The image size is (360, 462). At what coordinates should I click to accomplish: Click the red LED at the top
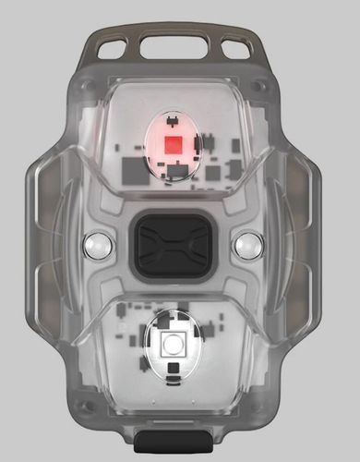tap(172, 143)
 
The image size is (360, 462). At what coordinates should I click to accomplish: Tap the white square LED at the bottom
tap(171, 347)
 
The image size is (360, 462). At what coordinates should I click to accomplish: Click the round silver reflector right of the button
tap(246, 246)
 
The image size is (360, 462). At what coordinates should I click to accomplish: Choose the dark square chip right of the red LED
tap(214, 172)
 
